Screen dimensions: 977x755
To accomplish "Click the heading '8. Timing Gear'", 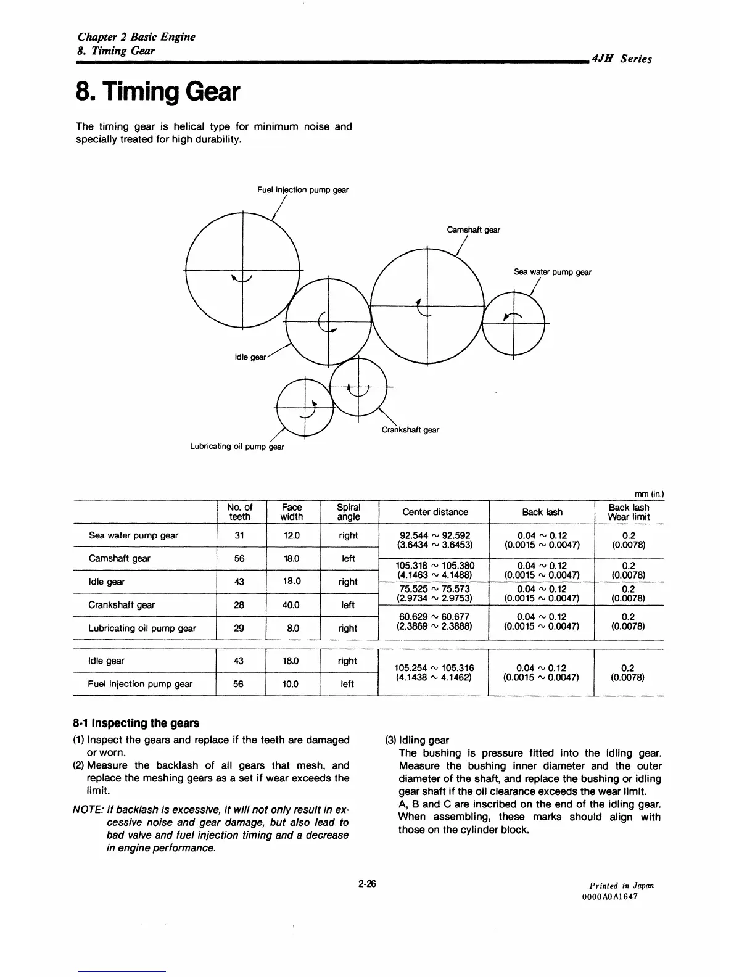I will point(157,93).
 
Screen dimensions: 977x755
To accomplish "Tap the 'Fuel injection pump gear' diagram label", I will point(302,190).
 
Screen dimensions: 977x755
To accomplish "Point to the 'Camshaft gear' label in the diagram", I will point(473,230).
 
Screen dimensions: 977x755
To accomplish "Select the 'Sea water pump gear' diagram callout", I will point(552,272).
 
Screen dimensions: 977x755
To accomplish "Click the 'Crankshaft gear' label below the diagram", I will point(410,430).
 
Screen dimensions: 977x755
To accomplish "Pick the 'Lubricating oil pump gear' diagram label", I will point(236,447).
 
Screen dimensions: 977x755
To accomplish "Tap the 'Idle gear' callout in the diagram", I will point(250,357).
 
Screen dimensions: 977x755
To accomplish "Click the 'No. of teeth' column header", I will point(239,512).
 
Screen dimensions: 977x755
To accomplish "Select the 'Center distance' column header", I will point(435,512).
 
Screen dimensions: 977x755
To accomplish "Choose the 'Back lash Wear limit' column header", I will point(629,512).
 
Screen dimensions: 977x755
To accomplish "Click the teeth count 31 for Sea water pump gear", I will point(239,535).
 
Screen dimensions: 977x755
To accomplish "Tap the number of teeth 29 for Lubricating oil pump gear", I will point(239,629).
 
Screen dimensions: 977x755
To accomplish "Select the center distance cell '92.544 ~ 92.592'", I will point(435,535).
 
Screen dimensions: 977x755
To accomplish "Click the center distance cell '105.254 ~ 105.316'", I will point(435,668).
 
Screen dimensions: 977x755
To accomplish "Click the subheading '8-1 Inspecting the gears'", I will point(136,723).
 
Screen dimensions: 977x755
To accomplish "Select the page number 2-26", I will point(367,884).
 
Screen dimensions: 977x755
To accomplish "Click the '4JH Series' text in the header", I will point(621,59).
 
